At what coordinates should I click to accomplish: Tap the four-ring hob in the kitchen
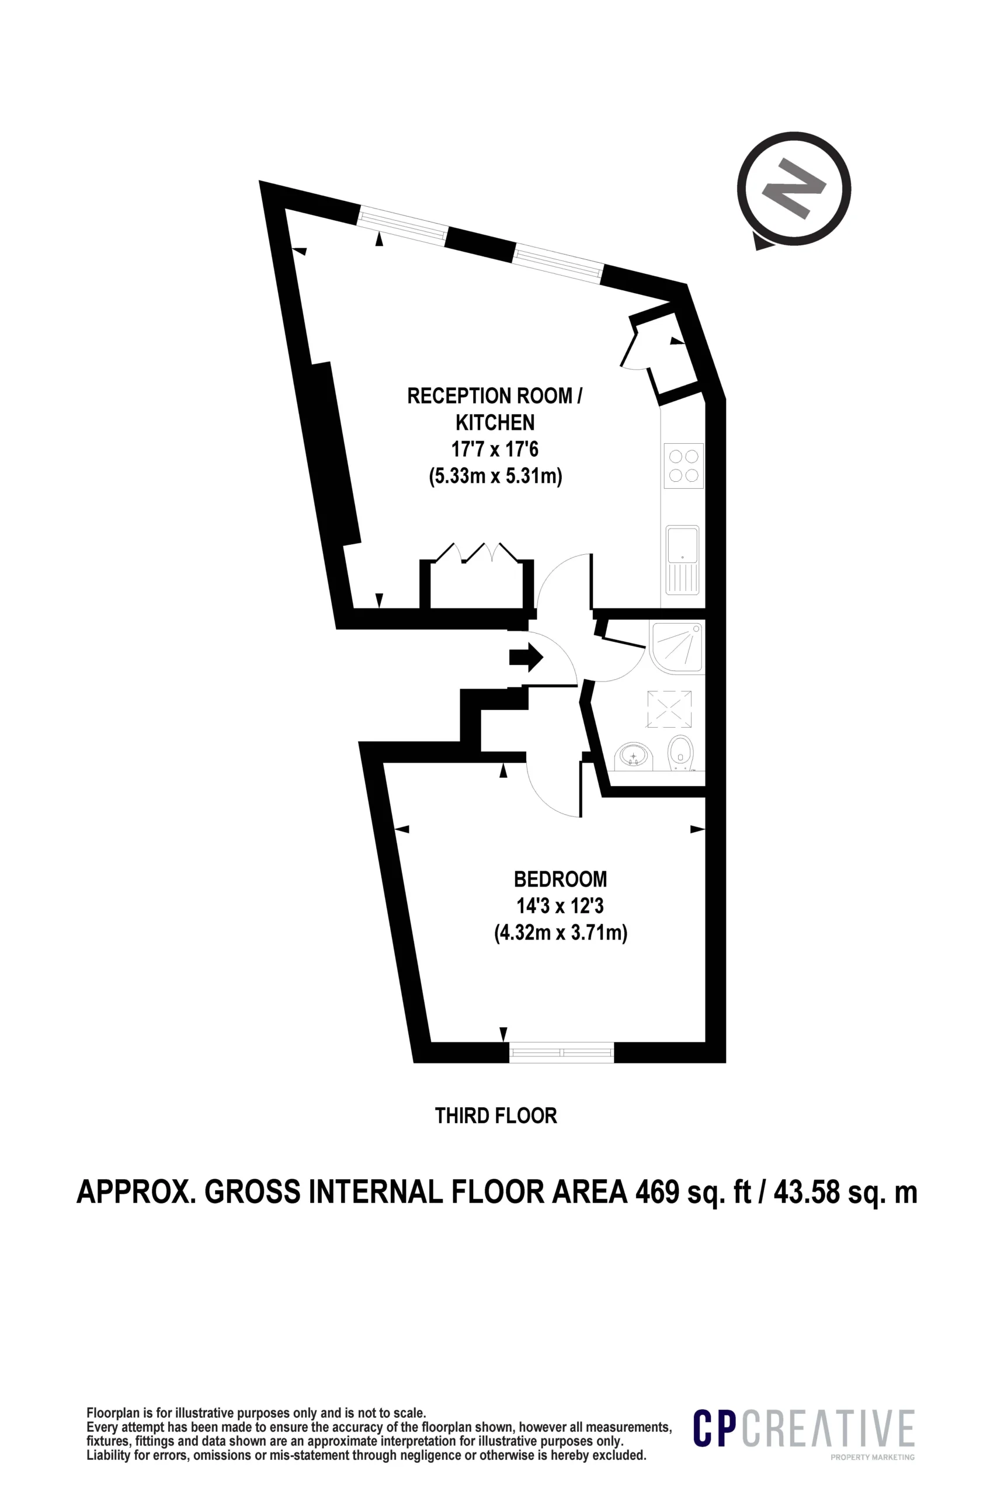pos(683,466)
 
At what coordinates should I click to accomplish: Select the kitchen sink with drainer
pos(682,559)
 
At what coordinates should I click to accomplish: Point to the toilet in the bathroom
pos(680,753)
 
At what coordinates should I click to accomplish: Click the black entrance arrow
pos(526,658)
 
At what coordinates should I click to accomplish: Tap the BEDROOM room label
pos(560,879)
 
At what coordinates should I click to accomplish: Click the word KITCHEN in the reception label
pos(495,422)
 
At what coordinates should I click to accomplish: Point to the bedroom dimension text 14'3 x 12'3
pos(560,905)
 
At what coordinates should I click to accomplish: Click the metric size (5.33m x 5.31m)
pos(495,475)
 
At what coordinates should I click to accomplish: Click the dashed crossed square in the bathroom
pos(669,709)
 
